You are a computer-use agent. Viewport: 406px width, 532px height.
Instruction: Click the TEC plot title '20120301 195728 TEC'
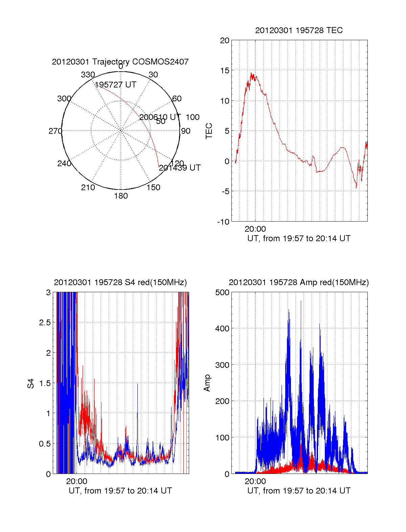click(299, 30)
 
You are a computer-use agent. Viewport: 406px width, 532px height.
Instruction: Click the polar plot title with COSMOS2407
click(120, 62)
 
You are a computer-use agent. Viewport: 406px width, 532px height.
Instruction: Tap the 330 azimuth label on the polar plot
click(88, 75)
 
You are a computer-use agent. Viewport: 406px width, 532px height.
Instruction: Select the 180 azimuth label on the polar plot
click(121, 196)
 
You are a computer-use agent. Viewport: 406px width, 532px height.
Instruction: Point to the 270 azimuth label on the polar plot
click(55, 131)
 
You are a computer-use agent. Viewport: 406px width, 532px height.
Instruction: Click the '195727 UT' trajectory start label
click(116, 85)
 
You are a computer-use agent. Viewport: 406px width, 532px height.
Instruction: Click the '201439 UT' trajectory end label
click(180, 168)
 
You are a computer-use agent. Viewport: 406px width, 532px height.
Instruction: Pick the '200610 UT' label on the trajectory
click(160, 117)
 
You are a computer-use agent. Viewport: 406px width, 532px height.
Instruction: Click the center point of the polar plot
click(121, 130)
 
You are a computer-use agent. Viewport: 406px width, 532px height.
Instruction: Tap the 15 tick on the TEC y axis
click(225, 71)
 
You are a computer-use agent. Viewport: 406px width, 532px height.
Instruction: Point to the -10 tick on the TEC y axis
click(223, 222)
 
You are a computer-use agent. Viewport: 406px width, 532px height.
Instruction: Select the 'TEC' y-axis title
click(209, 131)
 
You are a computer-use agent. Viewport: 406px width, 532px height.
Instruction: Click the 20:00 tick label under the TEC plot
click(255, 229)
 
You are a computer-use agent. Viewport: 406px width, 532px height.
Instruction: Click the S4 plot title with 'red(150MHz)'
click(120, 282)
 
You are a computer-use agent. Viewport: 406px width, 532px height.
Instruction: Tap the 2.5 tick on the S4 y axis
click(45, 323)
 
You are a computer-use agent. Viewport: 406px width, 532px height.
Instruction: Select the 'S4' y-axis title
click(31, 383)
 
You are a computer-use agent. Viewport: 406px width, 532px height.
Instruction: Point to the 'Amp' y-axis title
click(207, 383)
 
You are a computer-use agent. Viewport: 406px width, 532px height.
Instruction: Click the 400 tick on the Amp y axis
click(222, 328)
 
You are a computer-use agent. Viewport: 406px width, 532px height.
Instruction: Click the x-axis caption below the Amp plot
click(299, 491)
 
